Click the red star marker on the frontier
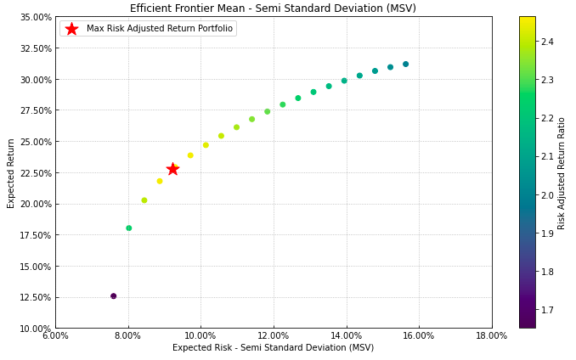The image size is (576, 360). click(x=172, y=169)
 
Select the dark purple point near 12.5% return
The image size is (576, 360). click(x=113, y=296)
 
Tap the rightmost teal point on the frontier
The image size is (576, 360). click(x=405, y=65)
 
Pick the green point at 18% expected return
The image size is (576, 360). click(x=128, y=228)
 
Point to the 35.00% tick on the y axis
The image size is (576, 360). click(x=35, y=17)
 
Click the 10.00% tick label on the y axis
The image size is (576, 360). click(x=35, y=329)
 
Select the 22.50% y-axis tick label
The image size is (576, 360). click(x=35, y=172)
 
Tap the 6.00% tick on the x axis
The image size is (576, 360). click(x=55, y=336)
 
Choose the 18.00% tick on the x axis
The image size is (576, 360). click(x=491, y=336)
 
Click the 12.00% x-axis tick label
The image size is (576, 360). click(x=274, y=336)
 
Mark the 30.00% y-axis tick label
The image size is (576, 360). click(x=35, y=80)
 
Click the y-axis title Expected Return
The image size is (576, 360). click(x=11, y=172)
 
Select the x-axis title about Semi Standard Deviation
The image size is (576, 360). click(x=273, y=348)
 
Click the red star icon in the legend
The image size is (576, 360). click(x=71, y=29)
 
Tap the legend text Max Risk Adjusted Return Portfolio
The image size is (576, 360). click(x=159, y=29)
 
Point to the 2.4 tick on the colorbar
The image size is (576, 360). click(x=546, y=42)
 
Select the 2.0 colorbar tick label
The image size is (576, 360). click(x=546, y=195)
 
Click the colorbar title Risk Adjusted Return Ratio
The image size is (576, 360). click(x=562, y=172)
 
